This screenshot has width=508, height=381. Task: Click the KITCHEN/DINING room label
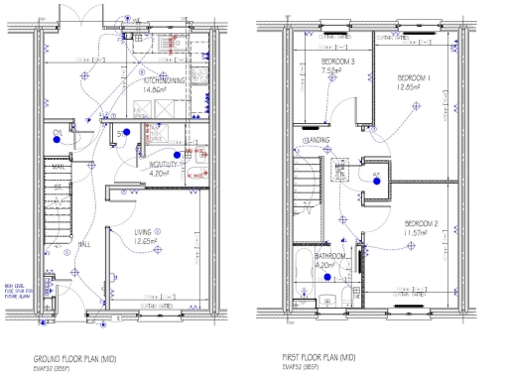[160, 81]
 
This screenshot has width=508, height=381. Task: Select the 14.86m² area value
[156, 89]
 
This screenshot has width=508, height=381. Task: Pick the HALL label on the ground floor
[84, 243]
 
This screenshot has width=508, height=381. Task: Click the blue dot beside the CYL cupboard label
[59, 140]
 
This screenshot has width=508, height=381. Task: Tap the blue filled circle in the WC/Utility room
[177, 155]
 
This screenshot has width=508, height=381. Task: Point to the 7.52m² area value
[330, 70]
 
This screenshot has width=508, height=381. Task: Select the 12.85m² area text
[410, 86]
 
